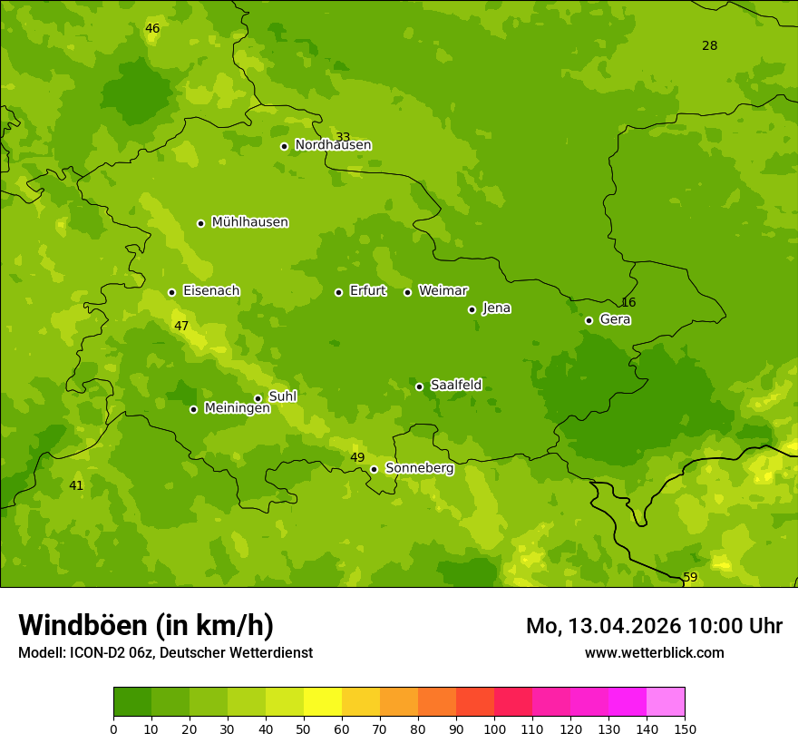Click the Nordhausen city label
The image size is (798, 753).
coord(333,145)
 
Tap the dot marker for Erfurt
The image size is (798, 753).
coord(338,292)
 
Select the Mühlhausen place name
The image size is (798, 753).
coord(249,222)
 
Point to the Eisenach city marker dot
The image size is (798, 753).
coord(171,292)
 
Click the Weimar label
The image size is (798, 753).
coord(443,291)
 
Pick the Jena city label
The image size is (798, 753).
coord(496,308)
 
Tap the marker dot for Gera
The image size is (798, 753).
coord(589,320)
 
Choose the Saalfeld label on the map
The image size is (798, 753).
coord(455,386)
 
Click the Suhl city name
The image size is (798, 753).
coord(282,396)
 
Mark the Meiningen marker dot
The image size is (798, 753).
coord(193,409)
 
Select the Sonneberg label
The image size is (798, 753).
coord(419,468)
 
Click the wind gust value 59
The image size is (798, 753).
coord(690,578)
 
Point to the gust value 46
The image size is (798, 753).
coord(152,29)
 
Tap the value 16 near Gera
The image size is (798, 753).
coord(628,303)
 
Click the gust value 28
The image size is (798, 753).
coord(709,46)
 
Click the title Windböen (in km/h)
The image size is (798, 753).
coord(146,625)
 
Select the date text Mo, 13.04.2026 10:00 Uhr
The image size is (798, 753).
coord(654,626)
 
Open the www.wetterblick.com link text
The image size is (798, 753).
coord(654,653)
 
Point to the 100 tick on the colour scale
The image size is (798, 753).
coord(494,729)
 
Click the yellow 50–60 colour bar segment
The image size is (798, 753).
coord(323,702)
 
